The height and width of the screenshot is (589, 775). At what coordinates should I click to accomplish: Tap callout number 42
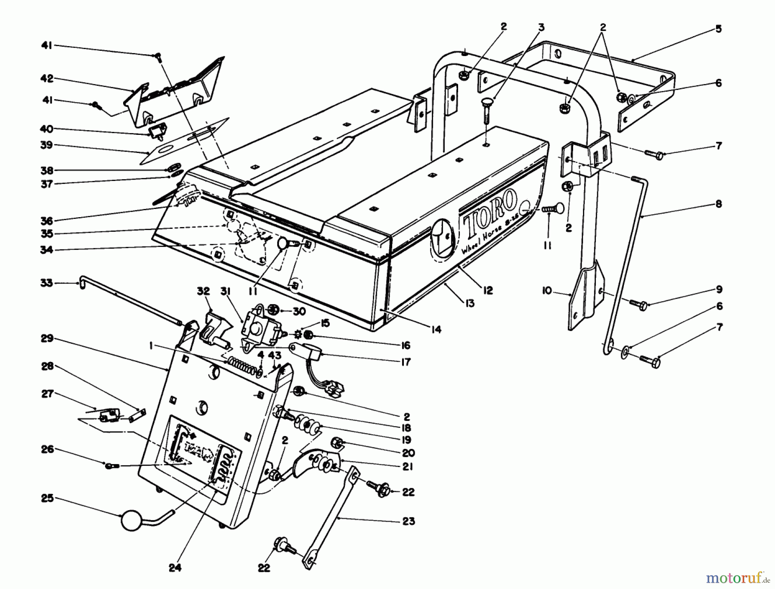click(46, 78)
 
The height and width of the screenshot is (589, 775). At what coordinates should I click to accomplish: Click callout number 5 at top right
click(718, 29)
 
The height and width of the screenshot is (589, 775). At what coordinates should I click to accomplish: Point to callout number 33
click(46, 283)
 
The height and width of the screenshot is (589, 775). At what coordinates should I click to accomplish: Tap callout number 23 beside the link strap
click(408, 521)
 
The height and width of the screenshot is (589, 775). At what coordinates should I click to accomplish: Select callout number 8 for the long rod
click(718, 204)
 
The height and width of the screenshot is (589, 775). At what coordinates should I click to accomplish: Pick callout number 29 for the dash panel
click(46, 338)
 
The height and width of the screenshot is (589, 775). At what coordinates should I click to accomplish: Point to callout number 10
click(546, 291)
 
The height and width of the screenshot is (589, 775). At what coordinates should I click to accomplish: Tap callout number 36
click(46, 221)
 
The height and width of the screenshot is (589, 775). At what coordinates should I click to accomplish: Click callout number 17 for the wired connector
click(406, 362)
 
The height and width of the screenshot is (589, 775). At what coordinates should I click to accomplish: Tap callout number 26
click(46, 449)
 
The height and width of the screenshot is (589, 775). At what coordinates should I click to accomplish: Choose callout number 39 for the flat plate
click(46, 145)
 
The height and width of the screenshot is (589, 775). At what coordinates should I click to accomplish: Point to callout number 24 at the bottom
click(174, 568)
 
